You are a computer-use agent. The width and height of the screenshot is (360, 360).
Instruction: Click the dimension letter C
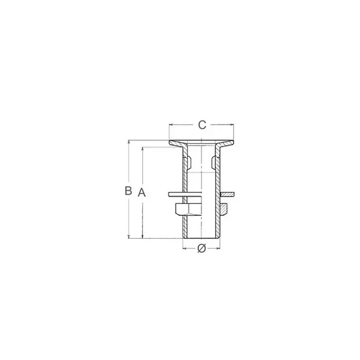click(201, 124)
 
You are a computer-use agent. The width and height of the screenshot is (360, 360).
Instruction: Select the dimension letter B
click(128, 190)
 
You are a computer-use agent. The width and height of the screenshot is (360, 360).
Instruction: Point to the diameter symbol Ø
click(201, 248)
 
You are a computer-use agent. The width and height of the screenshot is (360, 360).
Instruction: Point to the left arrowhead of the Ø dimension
click(184, 249)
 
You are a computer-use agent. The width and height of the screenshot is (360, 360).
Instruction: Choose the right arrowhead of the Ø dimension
click(219, 249)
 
